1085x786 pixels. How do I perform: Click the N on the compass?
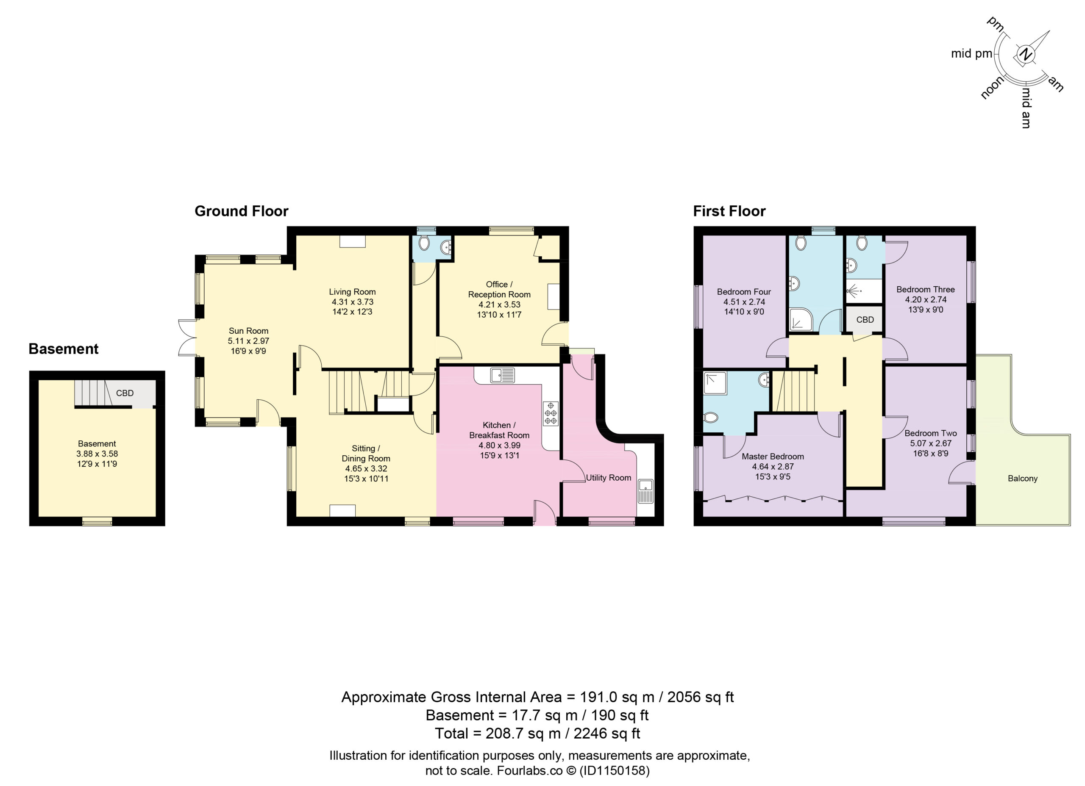1025,55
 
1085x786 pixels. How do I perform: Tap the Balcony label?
1022,479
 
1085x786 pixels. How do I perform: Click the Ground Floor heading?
242,211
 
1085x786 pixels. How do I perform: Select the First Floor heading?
729,211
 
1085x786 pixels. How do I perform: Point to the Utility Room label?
609,478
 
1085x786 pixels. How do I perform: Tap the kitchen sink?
502,375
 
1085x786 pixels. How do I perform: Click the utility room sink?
645,491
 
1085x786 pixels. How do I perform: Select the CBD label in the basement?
125,393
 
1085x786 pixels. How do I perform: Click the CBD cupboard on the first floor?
865,319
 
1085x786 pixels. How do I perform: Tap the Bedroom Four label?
744,292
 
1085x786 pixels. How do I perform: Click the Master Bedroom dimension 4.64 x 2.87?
773,467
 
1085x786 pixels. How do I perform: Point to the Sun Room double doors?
187,338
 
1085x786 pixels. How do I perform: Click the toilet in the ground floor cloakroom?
424,244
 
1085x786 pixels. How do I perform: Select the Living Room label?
352,292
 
